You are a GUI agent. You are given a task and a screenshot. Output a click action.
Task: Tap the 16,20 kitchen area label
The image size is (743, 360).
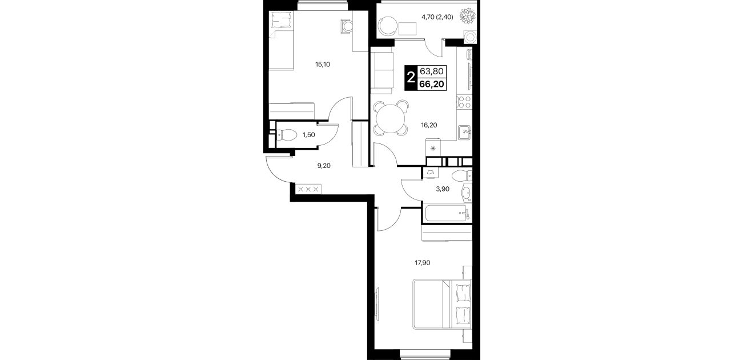point(429,125)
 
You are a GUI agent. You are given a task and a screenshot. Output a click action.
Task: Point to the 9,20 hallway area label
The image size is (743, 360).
point(324,166)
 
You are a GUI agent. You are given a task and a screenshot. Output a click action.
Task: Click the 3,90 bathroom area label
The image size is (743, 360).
point(443,189)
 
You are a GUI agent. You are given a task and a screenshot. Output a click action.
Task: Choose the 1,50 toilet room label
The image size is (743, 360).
point(308,135)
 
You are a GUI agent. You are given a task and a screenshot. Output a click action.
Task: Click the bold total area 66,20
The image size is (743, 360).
point(432,84)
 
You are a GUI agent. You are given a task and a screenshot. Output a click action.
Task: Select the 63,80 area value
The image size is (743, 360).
point(432,71)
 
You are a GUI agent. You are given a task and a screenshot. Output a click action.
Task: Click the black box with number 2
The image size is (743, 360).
point(411,78)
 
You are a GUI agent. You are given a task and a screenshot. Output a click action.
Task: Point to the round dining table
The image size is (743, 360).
point(391,118)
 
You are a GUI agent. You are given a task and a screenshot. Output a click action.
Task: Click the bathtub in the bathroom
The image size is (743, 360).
point(447,213)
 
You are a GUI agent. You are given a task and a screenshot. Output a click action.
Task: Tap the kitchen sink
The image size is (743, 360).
point(464,133)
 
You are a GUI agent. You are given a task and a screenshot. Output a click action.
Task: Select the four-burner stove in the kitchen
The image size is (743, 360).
point(464,102)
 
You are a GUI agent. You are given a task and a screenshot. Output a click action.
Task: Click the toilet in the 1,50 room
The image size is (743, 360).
point(287,135)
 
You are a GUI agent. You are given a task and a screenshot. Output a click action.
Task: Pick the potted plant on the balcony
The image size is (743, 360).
point(467,15)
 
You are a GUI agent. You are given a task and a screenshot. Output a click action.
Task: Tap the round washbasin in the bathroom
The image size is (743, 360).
point(467,193)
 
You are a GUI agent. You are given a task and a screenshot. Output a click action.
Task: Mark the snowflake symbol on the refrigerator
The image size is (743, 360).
point(433,149)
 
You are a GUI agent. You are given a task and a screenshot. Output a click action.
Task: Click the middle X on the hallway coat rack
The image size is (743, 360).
point(76,190)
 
